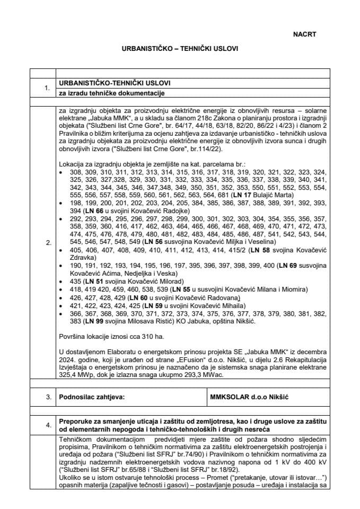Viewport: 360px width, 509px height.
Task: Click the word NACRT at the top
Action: click(304, 34)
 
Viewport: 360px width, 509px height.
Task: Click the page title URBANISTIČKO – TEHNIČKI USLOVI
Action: click(180, 48)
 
